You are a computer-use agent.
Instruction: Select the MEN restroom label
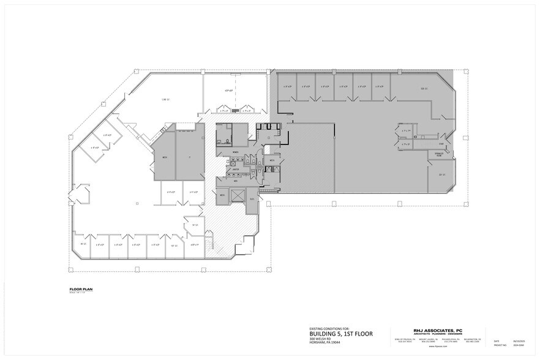tap(235, 181)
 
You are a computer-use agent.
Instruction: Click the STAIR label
tap(441, 144)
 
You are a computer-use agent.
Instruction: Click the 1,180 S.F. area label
tap(165, 99)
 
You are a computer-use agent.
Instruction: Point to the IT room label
tap(190, 157)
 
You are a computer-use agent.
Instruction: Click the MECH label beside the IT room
tap(165, 157)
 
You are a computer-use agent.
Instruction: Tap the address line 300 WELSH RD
tap(320, 339)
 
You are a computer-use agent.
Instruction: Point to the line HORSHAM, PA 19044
tap(324, 343)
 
